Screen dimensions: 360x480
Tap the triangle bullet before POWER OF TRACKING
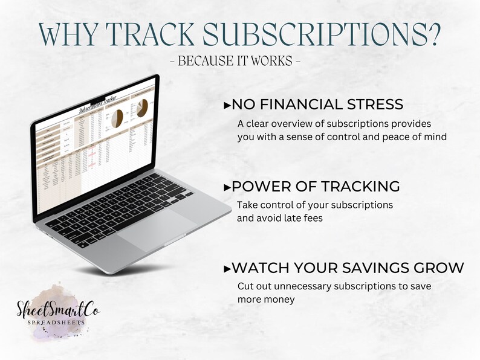pyautogui.click(x=227, y=187)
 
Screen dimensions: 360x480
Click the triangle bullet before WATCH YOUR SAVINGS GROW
pyautogui.click(x=227, y=268)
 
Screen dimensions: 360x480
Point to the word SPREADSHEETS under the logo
pyautogui.click(x=59, y=323)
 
